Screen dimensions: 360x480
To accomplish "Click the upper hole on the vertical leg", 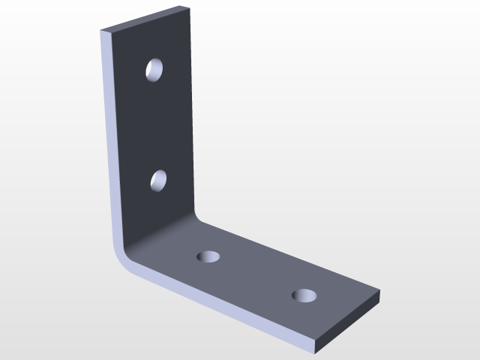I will click(155, 70).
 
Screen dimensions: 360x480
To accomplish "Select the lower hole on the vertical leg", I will click(158, 181).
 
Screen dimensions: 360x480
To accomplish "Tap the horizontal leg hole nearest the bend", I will click(208, 257).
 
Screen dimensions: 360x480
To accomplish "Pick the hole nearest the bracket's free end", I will click(304, 295).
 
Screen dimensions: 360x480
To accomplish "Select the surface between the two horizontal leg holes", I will click(255, 275).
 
